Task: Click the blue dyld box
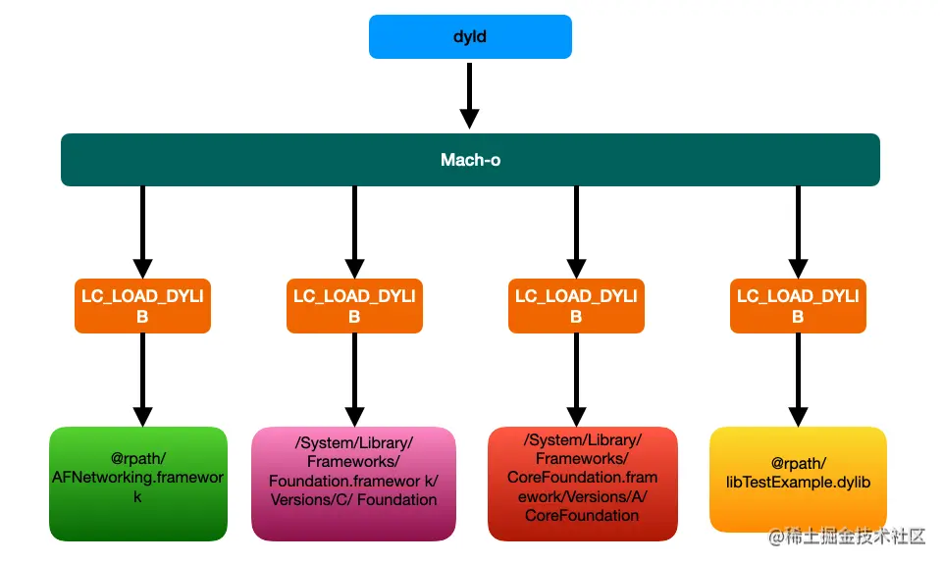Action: (470, 36)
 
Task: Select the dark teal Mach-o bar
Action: (470, 160)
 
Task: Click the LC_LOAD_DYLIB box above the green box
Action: (142, 306)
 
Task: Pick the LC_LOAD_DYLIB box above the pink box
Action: (354, 306)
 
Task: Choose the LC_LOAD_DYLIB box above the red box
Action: (576, 306)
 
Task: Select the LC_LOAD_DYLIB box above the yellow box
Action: (798, 306)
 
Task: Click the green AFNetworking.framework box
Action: (138, 484)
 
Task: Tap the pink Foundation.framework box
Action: (354, 484)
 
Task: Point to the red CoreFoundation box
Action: (583, 484)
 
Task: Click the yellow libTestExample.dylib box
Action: (798, 480)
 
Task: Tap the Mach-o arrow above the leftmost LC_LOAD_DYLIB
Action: (142, 231)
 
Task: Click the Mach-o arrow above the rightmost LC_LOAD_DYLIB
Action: (798, 231)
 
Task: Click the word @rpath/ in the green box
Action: (138, 456)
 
